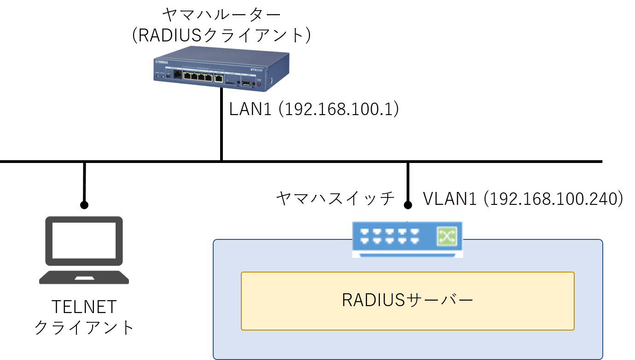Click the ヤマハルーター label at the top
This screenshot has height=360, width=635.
221,15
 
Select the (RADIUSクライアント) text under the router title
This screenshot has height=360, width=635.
221,35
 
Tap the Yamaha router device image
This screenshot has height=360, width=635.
221,69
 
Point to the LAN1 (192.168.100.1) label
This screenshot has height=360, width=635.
314,109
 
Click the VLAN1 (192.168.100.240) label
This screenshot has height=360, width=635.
523,198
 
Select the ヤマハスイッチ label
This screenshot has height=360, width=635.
336,198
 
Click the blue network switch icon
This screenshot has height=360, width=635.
408,239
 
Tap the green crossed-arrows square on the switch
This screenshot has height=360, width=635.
447,236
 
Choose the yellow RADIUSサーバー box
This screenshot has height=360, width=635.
408,301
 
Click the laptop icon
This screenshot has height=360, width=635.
84,250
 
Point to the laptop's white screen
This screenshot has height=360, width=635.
84,240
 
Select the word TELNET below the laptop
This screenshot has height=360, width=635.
84,307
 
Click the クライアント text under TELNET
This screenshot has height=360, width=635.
84,327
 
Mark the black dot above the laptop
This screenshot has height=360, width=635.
84,205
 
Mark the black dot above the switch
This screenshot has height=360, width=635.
408,205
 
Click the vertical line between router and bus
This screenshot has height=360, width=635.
221,124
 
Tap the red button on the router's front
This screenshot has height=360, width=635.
259,84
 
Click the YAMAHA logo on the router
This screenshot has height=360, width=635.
162,62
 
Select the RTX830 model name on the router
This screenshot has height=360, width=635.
256,70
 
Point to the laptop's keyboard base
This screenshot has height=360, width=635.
84,277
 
